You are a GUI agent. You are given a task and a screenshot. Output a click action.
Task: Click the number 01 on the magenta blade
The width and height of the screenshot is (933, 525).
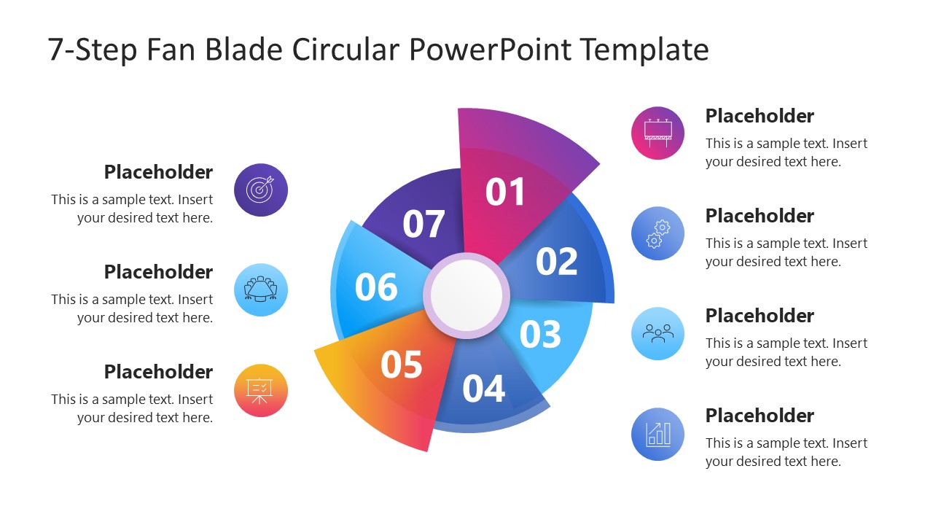[x=504, y=192]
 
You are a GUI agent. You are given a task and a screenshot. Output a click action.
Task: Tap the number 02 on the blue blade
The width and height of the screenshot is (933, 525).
[x=556, y=262]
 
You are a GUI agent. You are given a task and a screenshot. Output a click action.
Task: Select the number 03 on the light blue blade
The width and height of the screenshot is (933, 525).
[x=540, y=334]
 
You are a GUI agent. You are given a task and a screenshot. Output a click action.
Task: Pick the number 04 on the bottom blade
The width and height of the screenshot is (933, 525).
[x=483, y=389]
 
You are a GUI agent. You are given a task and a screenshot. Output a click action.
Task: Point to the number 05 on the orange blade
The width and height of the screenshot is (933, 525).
[x=402, y=365]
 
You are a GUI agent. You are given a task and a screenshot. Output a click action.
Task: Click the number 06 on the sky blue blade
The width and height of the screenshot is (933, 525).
[x=376, y=287]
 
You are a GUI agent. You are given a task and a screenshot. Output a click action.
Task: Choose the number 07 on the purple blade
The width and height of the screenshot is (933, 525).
[x=423, y=224]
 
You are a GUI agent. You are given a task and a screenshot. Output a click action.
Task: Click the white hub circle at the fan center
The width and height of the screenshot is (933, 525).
[x=466, y=295]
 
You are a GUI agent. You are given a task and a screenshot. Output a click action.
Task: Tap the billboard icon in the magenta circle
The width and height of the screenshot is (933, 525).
[x=657, y=133]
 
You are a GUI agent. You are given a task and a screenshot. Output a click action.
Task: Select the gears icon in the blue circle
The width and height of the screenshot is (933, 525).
[x=658, y=234]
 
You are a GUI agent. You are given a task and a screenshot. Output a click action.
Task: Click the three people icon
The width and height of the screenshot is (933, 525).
[x=658, y=334]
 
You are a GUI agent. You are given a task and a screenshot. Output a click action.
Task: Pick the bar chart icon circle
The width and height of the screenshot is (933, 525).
[x=657, y=434]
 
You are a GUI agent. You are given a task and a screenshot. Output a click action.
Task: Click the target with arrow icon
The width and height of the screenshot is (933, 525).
[x=260, y=190]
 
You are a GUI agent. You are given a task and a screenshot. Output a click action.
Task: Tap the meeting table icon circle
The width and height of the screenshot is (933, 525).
[x=261, y=289]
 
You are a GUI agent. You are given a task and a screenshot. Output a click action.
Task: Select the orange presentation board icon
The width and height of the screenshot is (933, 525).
[x=260, y=391]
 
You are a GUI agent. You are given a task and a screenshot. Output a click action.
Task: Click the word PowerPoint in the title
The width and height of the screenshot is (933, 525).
[x=490, y=50]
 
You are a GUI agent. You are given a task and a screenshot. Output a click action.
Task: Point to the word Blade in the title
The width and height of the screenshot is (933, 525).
[x=244, y=50]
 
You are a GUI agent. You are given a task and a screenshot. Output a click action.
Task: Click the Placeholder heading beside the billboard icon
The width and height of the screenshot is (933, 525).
[x=760, y=116]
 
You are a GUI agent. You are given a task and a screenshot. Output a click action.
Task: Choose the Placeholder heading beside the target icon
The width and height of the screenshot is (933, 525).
[x=158, y=172]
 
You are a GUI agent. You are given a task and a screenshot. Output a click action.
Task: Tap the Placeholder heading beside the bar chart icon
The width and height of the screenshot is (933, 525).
[x=760, y=416]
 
